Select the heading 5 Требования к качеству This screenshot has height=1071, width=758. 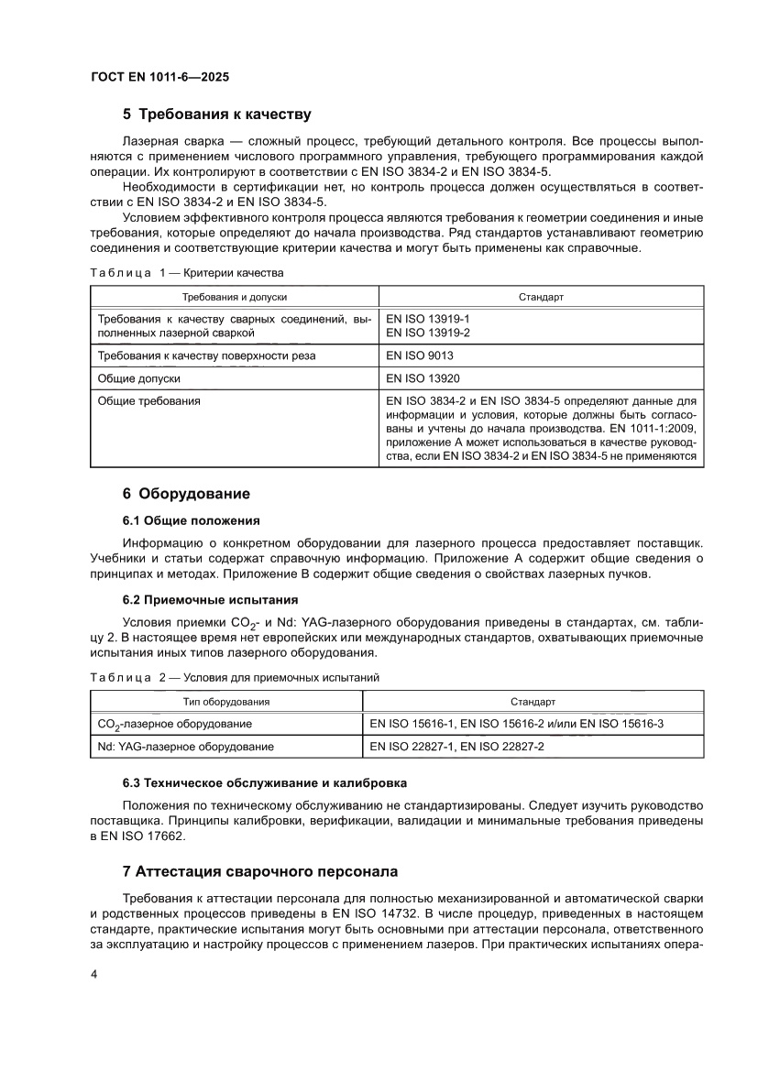(x=217, y=115)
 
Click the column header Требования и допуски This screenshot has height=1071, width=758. (x=234, y=298)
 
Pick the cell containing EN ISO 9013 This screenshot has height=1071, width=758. (x=420, y=355)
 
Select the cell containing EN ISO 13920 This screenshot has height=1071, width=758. (x=423, y=377)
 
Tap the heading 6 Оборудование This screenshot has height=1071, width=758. (x=186, y=494)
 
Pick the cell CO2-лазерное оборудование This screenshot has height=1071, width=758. (x=174, y=724)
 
